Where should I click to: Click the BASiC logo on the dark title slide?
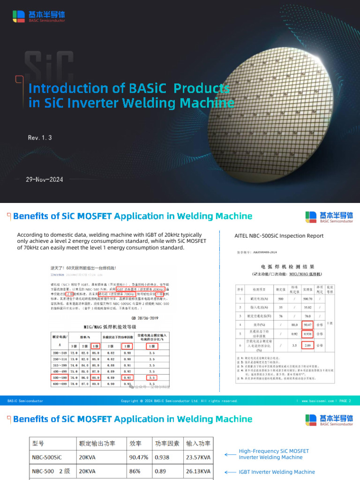(39, 16)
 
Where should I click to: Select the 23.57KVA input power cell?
(198, 457)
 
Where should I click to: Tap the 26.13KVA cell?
(198, 471)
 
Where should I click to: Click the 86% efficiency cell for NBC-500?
(135, 471)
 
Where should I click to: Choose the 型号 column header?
(37, 443)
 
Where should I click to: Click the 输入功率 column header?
(198, 443)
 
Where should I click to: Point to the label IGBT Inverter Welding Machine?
(277, 472)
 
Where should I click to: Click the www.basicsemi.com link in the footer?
(317, 401)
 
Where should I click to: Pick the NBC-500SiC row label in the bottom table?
(46, 457)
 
